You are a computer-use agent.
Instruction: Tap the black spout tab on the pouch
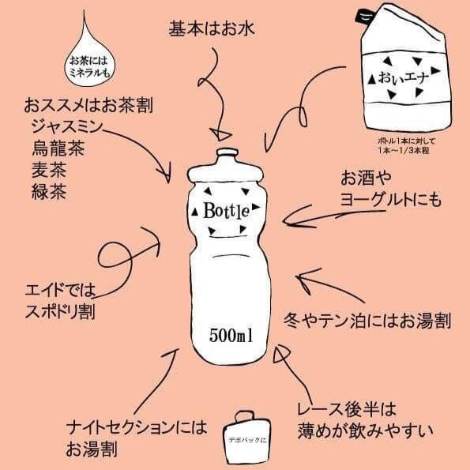(x=367, y=13)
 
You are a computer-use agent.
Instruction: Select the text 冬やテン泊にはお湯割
(x=367, y=321)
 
